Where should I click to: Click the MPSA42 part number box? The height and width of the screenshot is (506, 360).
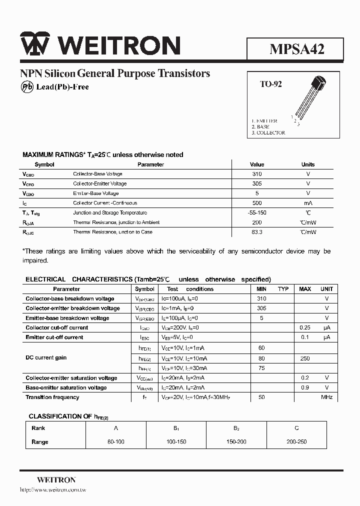coord(295,48)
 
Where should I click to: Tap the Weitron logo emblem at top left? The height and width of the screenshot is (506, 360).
coord(34,45)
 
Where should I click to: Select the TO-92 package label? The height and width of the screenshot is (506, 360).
coord(270,84)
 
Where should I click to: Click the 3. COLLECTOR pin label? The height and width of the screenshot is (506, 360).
coord(268,133)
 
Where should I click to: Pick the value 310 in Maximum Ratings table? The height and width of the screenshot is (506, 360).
coord(257,174)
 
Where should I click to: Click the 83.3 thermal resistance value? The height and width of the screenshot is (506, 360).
coord(257,232)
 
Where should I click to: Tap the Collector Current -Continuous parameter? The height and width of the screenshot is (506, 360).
coord(104,203)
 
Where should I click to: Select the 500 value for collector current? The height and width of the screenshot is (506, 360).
coord(257,203)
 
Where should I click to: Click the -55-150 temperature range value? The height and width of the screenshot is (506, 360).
coord(257,212)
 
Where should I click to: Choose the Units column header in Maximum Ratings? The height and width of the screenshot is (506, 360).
coord(308,164)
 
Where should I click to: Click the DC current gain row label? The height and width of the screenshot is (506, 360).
coord(46,358)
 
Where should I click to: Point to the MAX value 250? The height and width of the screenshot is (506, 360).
coord(305,358)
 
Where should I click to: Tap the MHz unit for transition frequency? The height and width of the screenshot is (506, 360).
coord(326,397)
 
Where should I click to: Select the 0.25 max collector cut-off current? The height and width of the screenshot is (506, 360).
coord(305,327)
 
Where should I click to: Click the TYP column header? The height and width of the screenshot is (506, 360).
coord(283,289)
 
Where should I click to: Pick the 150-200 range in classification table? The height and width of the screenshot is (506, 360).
coord(236,442)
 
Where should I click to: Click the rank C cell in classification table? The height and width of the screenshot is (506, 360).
coord(297,428)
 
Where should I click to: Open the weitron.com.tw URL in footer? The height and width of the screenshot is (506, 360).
coord(53,490)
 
